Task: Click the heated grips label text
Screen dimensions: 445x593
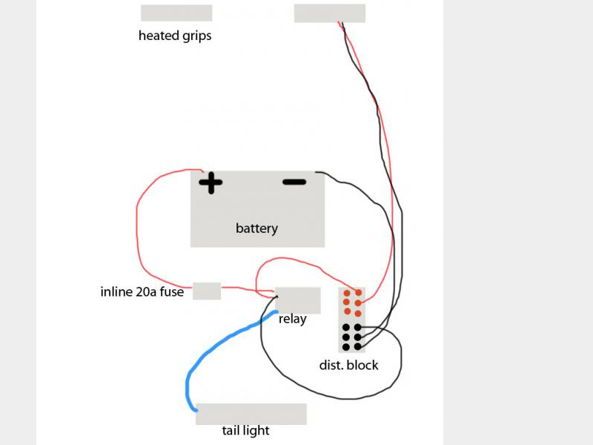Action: (x=175, y=36)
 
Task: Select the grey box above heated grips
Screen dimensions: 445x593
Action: (x=176, y=13)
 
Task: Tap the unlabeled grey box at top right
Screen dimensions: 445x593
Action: (x=330, y=13)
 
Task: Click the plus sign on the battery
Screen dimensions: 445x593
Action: (x=211, y=182)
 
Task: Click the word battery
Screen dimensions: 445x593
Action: (x=256, y=228)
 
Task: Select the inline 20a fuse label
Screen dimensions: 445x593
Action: (x=142, y=291)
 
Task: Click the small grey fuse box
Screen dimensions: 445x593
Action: (x=207, y=291)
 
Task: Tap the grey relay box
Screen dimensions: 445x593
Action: (x=298, y=300)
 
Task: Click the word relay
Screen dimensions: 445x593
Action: (x=293, y=320)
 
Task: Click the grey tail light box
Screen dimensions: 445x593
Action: (x=251, y=414)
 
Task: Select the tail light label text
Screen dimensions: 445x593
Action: (x=245, y=431)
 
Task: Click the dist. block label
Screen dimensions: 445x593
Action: (x=348, y=365)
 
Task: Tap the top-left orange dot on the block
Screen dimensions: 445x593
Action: (x=346, y=294)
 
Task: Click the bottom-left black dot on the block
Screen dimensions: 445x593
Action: (x=345, y=346)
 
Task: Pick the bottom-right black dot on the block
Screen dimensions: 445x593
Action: (x=357, y=346)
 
